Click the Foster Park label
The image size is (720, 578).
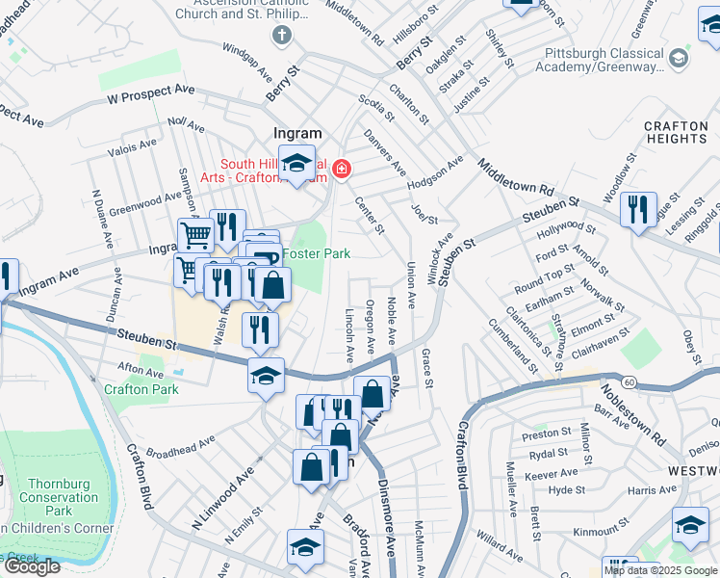[322, 253]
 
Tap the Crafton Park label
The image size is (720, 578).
[141, 389]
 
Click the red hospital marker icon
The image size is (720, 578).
[340, 171]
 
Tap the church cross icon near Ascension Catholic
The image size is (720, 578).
[281, 37]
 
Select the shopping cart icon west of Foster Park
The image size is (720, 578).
[195, 234]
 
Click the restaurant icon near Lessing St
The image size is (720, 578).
[636, 209]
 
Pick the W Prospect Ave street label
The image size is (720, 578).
[151, 93]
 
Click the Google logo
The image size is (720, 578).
[32, 566]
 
